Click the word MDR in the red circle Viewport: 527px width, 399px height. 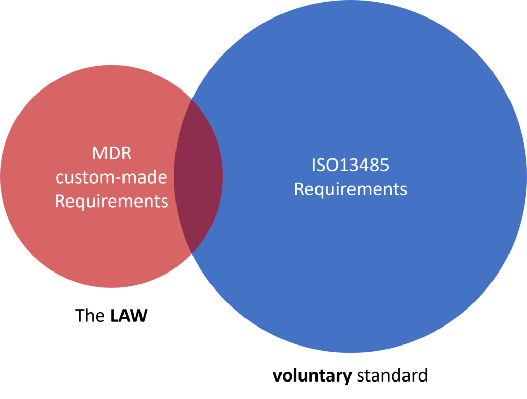111,153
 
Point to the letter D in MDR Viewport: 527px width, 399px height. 112,153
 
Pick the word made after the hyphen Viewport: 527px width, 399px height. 144,177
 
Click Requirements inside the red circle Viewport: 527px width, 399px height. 111,202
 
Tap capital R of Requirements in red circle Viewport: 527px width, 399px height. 60,202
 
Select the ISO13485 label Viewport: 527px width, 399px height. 350,165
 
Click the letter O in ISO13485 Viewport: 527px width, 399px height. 330,165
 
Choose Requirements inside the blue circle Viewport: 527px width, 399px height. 350,189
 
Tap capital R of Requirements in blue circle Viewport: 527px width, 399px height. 299,189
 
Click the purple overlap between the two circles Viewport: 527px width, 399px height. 199,175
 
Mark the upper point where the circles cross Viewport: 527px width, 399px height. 191,97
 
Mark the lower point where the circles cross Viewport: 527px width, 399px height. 191,252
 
